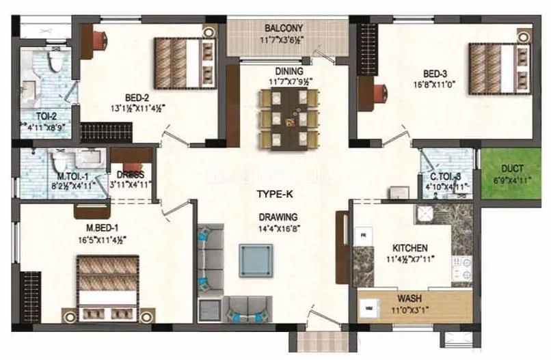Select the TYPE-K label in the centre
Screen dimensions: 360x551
coord(275,194)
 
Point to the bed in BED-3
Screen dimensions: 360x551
coord(499,67)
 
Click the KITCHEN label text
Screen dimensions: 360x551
coord(409,247)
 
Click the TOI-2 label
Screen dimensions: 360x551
coord(36,116)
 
